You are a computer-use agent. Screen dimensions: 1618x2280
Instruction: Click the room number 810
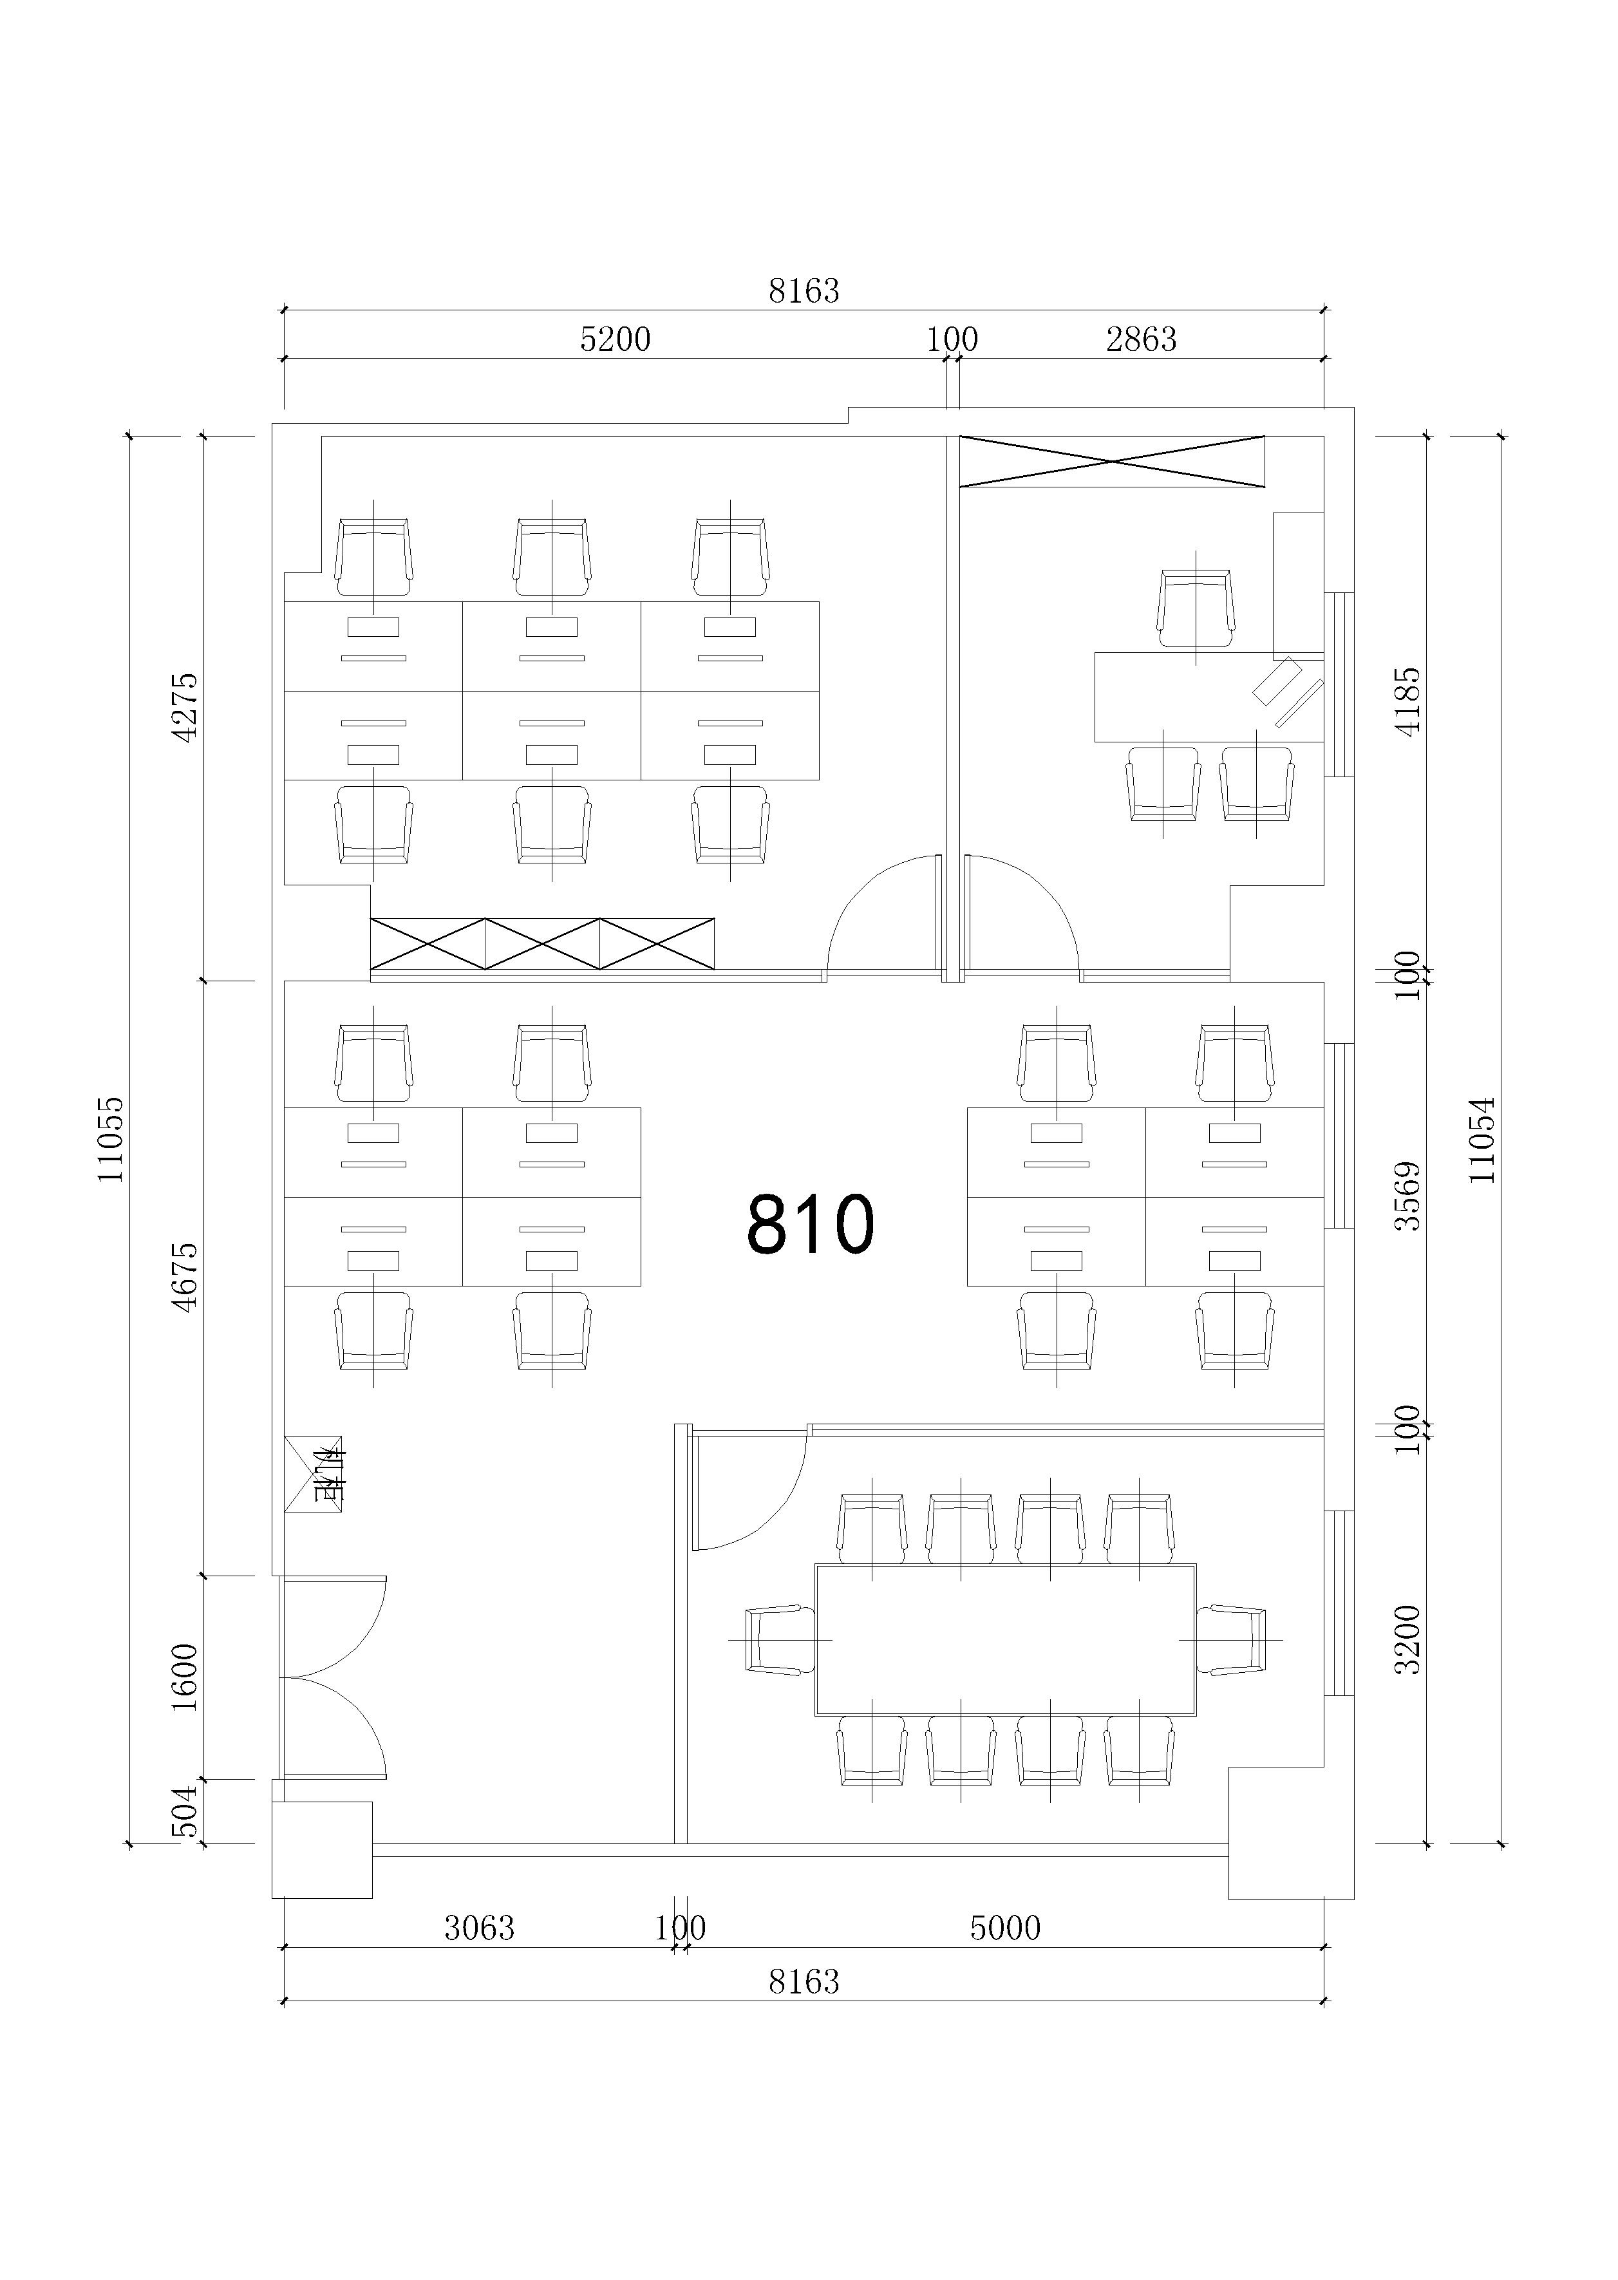tap(810, 1223)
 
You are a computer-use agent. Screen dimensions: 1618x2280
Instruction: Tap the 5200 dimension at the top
tap(615, 340)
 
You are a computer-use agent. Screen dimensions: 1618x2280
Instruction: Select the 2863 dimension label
tap(1141, 340)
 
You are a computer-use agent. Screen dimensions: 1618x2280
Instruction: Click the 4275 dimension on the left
tap(185, 706)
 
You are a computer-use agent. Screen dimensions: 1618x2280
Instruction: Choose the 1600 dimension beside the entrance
tap(185, 1677)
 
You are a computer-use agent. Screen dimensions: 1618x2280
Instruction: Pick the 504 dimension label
tap(185, 1812)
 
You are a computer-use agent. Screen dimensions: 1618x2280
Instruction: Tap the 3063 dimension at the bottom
tap(479, 1928)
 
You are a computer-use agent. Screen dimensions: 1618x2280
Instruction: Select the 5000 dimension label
tap(1005, 1928)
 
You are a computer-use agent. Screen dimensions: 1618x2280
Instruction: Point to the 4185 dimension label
tap(1407, 701)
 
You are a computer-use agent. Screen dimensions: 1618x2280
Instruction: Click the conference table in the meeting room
tap(1005, 1639)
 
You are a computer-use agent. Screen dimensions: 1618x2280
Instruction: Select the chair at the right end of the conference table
tap(1232, 1639)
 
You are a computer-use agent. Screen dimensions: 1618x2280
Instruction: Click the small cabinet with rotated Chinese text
tap(313, 1474)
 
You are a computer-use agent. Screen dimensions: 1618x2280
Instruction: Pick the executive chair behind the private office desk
tap(1196, 608)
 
